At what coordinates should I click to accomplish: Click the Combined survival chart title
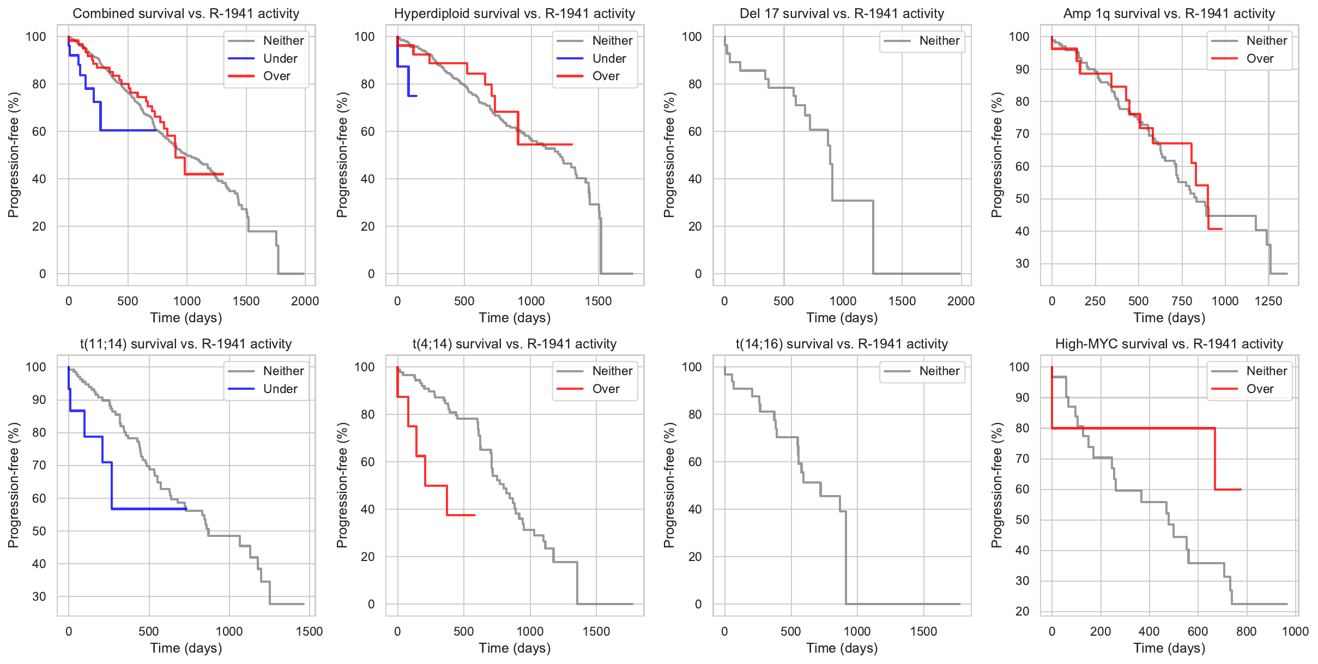pyautogui.click(x=186, y=14)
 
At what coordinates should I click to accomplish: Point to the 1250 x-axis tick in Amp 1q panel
pyautogui.click(x=1268, y=301)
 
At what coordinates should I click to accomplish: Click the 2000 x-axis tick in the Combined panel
pyautogui.click(x=305, y=301)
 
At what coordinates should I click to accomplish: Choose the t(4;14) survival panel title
pyautogui.click(x=514, y=344)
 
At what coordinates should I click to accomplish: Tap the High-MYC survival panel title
pyautogui.click(x=1169, y=344)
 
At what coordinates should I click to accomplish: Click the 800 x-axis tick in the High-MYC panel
pyautogui.click(x=1247, y=632)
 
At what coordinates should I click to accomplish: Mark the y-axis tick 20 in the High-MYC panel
pyautogui.click(x=1023, y=611)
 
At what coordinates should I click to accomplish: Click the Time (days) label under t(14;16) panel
pyautogui.click(x=842, y=648)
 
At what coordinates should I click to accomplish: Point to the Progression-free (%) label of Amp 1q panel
pyautogui.click(x=997, y=155)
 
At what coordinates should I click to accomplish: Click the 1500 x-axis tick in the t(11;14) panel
pyautogui.click(x=310, y=632)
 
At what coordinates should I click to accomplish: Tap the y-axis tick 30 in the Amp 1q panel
pyautogui.click(x=1023, y=264)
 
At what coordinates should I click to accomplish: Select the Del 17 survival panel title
pyautogui.click(x=842, y=14)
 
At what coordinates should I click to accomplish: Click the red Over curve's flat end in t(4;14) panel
pyautogui.click(x=461, y=515)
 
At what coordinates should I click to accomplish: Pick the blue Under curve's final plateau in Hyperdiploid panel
pyautogui.click(x=412, y=96)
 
